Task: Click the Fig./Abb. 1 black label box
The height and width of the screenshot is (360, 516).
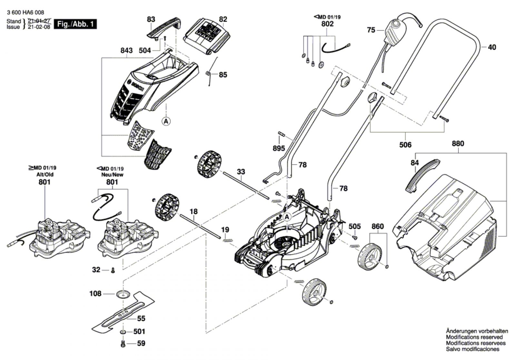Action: [x=75, y=24]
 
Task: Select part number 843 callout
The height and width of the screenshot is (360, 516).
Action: [x=126, y=50]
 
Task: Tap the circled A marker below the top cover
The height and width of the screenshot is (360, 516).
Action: [x=166, y=121]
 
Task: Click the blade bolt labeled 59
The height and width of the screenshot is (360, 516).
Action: [x=123, y=344]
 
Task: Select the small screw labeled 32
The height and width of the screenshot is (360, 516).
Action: [x=113, y=270]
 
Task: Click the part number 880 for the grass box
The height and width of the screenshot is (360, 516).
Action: [x=458, y=144]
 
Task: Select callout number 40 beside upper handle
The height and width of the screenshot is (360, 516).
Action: [x=492, y=47]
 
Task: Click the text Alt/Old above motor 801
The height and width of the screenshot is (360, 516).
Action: [x=45, y=175]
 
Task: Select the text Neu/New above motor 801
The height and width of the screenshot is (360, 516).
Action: [x=112, y=175]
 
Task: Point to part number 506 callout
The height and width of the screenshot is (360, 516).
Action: [x=405, y=145]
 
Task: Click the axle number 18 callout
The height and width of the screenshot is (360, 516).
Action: [x=193, y=212]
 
